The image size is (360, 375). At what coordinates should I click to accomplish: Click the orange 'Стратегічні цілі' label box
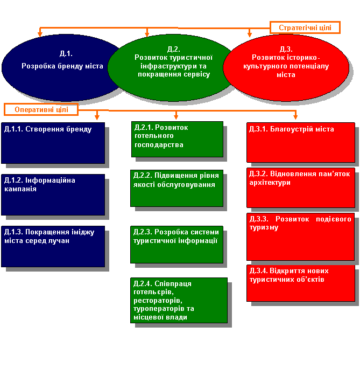305,27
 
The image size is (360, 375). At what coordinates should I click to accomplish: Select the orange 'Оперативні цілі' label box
41,109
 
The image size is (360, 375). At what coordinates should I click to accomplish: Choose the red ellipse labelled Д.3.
286,68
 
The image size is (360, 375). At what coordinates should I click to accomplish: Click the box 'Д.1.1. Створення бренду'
53,143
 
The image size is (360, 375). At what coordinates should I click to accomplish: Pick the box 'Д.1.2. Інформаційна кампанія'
53,195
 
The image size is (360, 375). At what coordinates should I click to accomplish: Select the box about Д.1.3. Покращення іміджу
53,246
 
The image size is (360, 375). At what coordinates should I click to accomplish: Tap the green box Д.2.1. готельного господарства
177,139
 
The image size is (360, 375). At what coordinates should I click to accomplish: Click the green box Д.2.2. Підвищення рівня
177,188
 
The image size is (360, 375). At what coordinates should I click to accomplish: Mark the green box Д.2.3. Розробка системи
177,245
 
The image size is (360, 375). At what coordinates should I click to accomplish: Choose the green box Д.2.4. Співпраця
179,301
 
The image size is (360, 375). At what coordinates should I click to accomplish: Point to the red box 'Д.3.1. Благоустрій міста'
301,143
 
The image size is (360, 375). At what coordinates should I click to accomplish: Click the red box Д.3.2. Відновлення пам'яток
301,188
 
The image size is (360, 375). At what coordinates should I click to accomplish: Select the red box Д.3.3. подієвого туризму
300,237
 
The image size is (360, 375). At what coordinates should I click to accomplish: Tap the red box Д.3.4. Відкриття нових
301,283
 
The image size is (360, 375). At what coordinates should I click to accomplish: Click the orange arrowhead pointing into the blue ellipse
40,34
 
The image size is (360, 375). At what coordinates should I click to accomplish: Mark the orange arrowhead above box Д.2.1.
176,116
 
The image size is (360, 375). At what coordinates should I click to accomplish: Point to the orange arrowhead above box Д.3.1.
295,116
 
